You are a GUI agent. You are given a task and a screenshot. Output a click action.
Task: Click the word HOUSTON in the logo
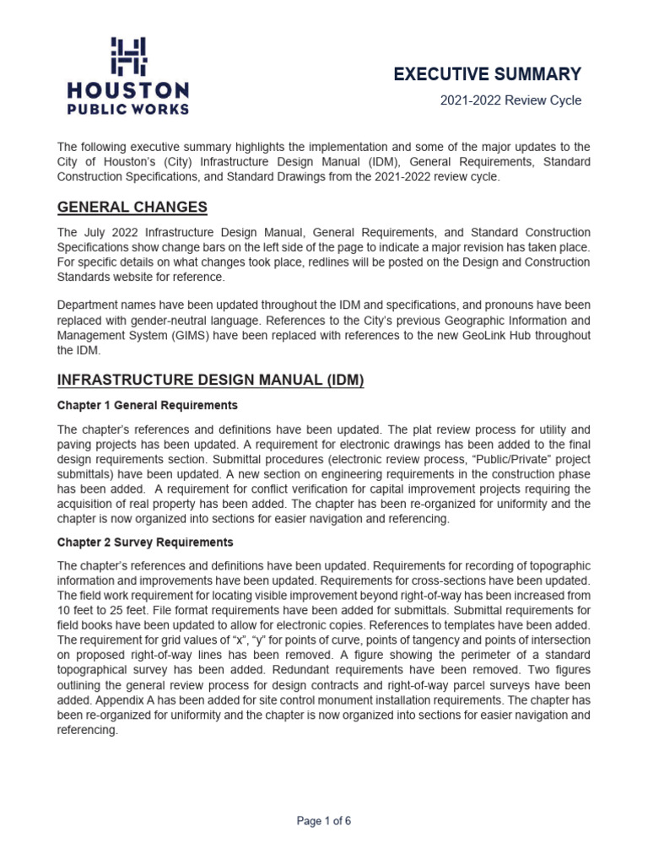[x=128, y=90]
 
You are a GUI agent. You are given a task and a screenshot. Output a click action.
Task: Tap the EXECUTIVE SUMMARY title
[x=488, y=74]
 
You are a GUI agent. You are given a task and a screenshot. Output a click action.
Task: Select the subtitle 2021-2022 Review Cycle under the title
[x=510, y=100]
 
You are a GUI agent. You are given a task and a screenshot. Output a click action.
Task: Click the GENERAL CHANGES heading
[x=132, y=208]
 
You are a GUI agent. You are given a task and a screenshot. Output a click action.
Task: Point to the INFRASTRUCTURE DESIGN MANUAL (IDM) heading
[x=210, y=381]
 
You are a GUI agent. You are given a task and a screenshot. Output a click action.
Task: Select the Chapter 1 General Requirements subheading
[x=148, y=406]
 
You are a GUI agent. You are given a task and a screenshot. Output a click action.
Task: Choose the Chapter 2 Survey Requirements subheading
[x=145, y=543]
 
